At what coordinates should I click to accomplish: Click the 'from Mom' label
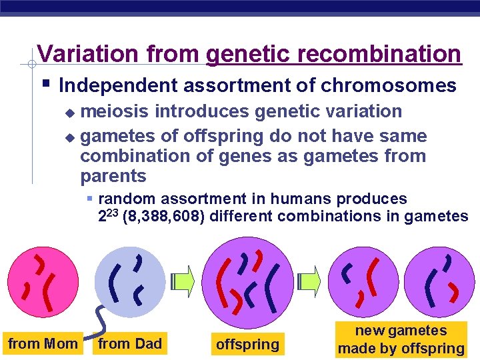coord(42,344)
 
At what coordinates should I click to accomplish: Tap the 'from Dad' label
coord(129,344)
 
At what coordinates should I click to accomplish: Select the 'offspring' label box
coord(247,345)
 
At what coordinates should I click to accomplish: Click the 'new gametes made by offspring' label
coord(401,340)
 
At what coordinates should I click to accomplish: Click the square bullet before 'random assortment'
coord(90,199)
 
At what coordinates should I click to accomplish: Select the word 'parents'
coord(113,176)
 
